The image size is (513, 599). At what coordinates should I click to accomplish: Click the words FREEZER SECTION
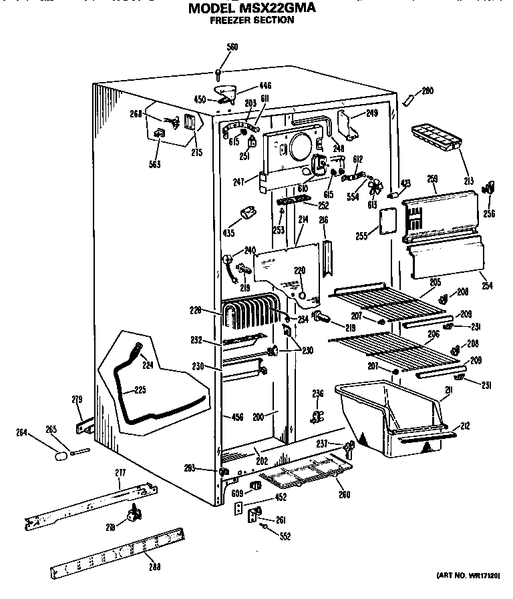[252, 20]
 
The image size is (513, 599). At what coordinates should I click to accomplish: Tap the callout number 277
[120, 472]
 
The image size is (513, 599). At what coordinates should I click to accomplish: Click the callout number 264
[23, 432]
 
